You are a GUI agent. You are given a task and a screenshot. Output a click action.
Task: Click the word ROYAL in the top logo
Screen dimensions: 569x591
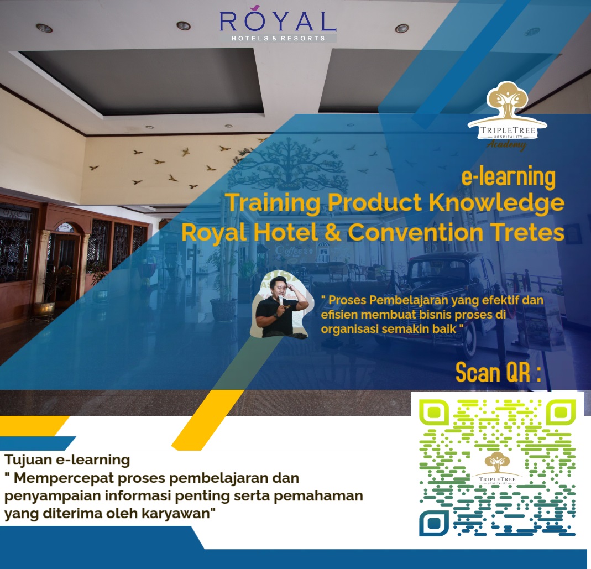click(278, 22)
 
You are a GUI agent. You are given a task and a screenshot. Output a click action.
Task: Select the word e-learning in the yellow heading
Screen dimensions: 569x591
click(508, 178)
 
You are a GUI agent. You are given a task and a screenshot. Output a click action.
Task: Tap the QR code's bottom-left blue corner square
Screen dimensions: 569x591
click(435, 522)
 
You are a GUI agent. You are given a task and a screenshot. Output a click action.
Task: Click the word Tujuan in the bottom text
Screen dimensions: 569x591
click(27, 459)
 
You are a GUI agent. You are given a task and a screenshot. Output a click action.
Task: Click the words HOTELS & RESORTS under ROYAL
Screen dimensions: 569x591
click(278, 38)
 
